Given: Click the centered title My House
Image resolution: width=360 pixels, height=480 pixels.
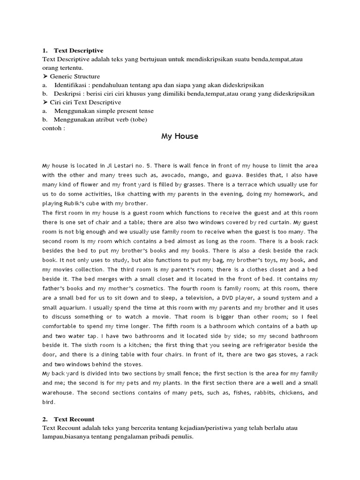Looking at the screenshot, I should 180,136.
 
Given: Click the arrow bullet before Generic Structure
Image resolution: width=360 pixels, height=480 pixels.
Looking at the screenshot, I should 45,76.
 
